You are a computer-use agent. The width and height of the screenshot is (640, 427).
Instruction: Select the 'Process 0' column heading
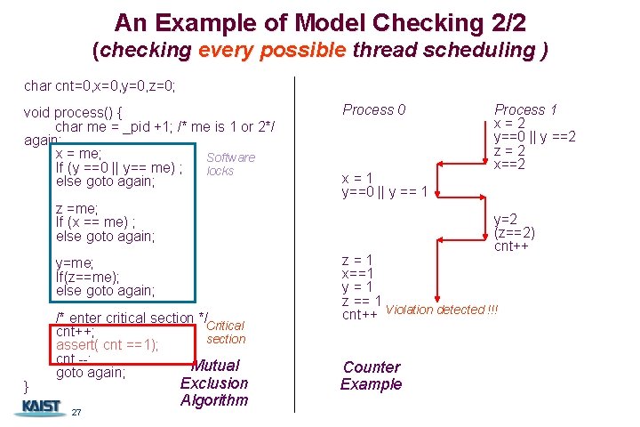374,109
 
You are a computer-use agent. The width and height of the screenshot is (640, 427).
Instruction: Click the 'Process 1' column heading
524,109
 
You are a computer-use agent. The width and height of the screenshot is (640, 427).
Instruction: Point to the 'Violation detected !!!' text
443,310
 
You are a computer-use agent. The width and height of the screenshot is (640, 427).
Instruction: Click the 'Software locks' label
230,164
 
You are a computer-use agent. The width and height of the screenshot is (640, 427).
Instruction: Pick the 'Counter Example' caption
371,375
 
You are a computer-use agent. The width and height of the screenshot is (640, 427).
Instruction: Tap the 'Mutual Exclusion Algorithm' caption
214,383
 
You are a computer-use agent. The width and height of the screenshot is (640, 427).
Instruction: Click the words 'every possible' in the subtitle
272,50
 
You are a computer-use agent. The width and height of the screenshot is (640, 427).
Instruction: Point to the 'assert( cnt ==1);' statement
108,345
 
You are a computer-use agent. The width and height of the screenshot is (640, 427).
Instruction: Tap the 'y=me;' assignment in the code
76,262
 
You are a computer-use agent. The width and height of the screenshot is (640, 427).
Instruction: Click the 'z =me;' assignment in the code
77,208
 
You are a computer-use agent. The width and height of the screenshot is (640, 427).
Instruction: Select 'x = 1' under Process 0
357,176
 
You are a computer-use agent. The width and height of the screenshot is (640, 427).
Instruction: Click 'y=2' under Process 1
506,219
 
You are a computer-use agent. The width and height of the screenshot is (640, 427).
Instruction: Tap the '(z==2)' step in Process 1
515,232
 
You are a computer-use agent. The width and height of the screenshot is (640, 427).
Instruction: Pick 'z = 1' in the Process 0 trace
357,260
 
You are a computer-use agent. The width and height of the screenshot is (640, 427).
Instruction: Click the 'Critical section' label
225,332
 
